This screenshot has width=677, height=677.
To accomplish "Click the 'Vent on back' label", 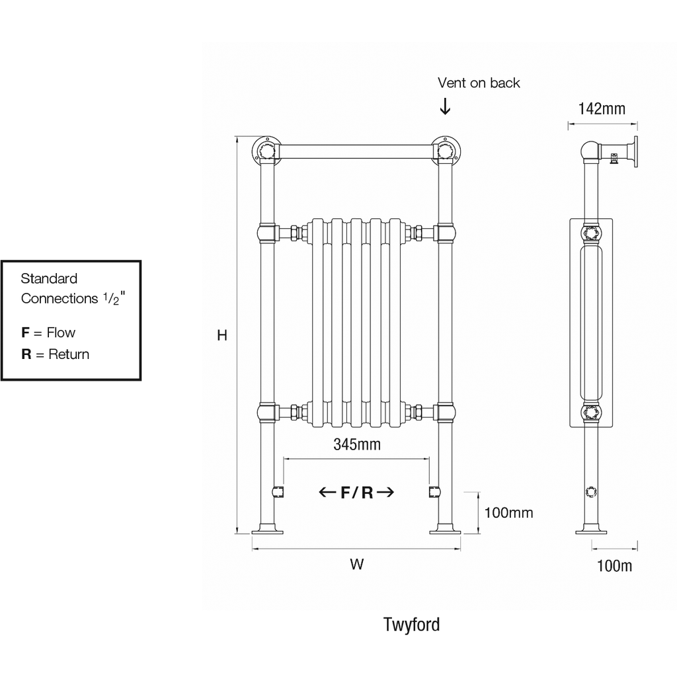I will pos(479,83).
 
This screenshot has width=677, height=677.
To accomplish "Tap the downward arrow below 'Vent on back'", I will pos(445,106).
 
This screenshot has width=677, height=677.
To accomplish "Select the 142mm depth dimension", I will pos(602,109).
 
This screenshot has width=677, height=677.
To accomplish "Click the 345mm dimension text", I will pos(356,444).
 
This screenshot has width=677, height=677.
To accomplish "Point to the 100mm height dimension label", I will pos(508,512).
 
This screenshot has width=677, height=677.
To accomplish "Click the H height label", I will pos(222,336).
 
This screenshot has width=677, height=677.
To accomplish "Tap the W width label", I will pos(356,564).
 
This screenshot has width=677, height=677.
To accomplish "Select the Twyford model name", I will pos(411,625).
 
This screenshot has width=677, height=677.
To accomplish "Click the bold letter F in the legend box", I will pos(25,333).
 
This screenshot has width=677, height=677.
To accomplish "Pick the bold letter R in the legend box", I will pos(26,354).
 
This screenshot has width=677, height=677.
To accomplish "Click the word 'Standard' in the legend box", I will pos(49,278).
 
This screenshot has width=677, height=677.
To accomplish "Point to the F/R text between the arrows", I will pos(357,492).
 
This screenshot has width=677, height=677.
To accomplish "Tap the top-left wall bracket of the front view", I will pos(266,150).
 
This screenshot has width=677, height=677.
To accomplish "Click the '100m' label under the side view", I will pos(614,566).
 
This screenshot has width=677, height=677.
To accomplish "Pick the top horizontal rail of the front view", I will pos(356,151).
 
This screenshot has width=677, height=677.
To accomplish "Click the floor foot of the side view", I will pos(590,529).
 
